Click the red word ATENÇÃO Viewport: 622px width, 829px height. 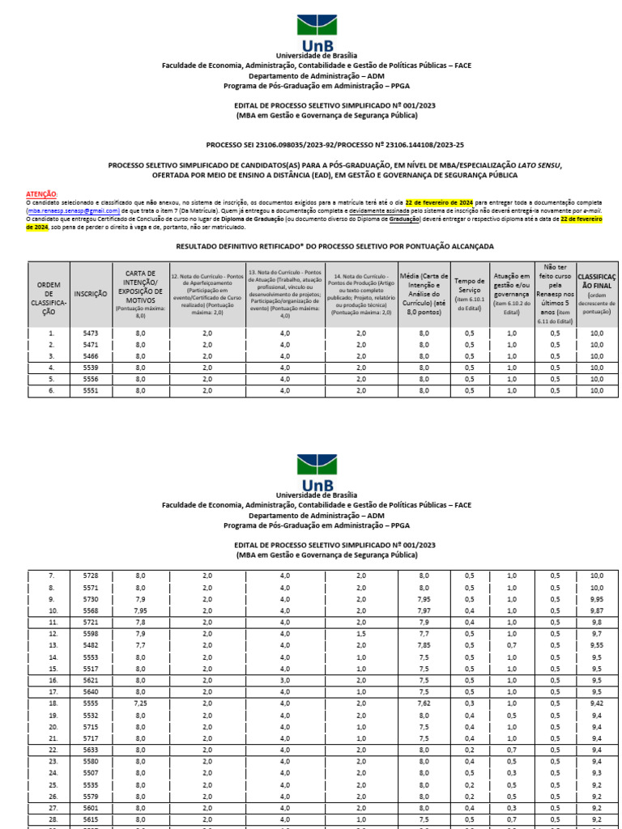(41, 194)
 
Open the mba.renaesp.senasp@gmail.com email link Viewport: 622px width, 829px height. (74, 209)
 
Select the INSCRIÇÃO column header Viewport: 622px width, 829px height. (90, 295)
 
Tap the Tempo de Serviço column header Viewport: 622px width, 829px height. (470, 294)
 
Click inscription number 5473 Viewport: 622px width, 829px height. (90, 333)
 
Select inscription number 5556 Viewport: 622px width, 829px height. (90, 379)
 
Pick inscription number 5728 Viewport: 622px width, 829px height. (90, 575)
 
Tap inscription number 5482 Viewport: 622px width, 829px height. (90, 645)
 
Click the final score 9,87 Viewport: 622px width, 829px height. (597, 610)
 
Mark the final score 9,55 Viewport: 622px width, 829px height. (597, 645)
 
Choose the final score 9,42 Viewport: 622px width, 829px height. (597, 704)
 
